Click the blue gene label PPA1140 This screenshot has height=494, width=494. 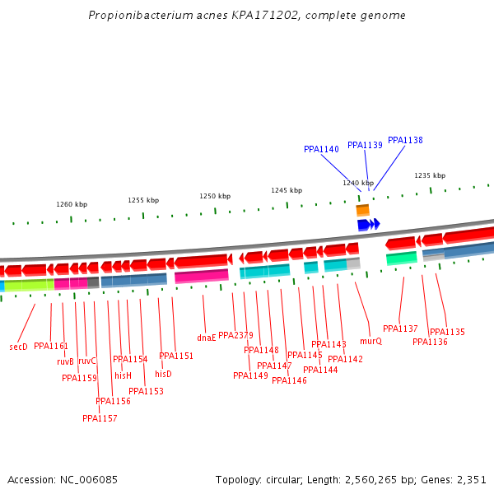321,149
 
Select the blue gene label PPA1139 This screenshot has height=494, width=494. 365,145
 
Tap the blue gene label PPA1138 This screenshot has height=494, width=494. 405,140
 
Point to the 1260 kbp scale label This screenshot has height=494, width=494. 72,204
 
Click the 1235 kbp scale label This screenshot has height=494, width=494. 430,175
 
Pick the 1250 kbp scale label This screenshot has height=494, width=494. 215,196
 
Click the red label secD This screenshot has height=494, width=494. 18,347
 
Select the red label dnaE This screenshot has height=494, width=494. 206,338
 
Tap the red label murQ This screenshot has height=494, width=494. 370,341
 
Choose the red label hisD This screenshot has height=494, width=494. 163,374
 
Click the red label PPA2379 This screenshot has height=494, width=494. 235,335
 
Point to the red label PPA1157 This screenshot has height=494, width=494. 100,418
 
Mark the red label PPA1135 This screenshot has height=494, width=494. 447,332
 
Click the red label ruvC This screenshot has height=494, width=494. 87,361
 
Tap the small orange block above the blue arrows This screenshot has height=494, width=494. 362,211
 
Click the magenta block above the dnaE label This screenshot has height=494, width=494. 201,276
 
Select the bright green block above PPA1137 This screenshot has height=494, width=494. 402,258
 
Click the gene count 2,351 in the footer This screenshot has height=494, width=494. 470,479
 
